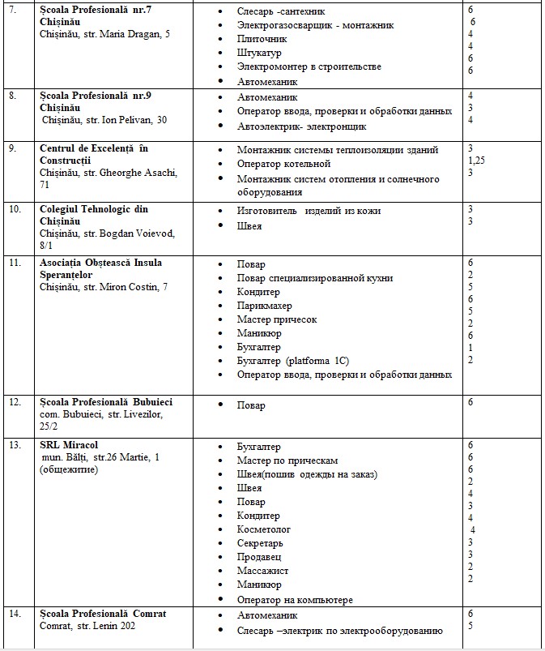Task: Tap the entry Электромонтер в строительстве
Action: coord(309,66)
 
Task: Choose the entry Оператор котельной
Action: coord(283,165)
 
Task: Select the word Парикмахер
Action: coord(264,306)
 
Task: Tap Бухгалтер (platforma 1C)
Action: coord(294,361)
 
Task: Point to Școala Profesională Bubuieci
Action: coord(106,402)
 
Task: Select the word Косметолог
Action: coord(263,529)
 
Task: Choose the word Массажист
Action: coord(262,571)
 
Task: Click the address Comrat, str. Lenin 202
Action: coord(88,627)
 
